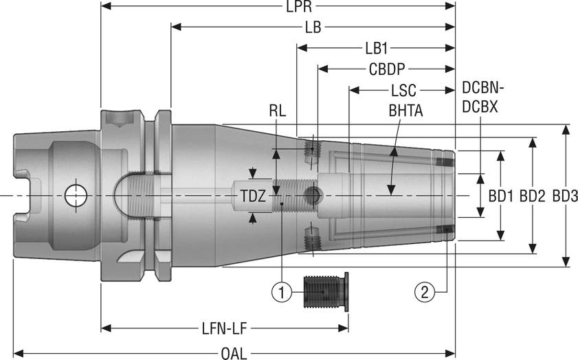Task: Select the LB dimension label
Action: pos(313,27)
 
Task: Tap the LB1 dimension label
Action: pos(377,49)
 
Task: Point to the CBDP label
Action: pos(386,69)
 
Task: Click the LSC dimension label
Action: pos(403,90)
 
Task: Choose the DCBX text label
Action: pos(480,107)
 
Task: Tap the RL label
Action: pos(278,109)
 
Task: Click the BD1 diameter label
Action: pos(501,196)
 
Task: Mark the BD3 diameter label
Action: pos(564,196)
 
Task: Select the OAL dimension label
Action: pos(235,354)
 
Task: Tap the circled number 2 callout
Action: pos(424,292)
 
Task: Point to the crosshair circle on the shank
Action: pos(75,196)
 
